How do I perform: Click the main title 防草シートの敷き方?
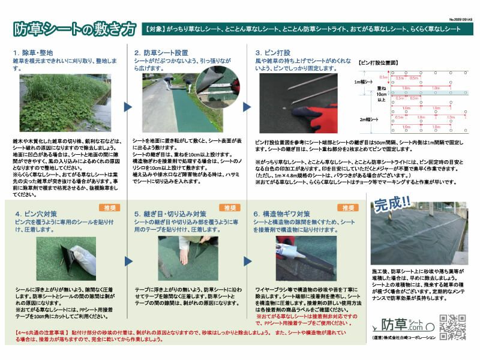click(74, 29)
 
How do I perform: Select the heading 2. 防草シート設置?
click(161, 52)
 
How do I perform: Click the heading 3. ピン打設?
click(273, 52)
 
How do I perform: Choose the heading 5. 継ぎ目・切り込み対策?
click(170, 214)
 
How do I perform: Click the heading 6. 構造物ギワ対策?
click(282, 214)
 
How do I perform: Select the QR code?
click(452, 328)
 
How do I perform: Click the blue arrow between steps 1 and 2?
click(127, 107)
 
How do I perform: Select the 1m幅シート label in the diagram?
click(364, 81)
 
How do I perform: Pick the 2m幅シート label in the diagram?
click(364, 119)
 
